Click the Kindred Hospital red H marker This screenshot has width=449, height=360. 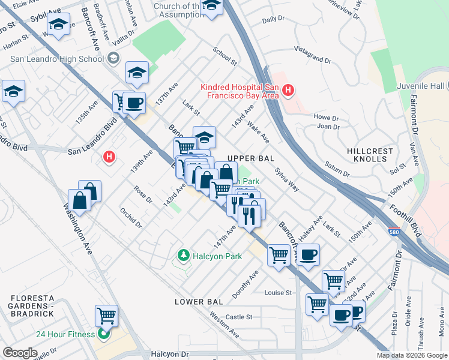point(288,91)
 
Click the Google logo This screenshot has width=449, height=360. point(19,353)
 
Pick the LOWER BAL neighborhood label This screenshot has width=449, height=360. point(199,301)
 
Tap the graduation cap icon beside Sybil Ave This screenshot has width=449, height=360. point(58,25)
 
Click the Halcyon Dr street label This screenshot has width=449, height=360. point(170,355)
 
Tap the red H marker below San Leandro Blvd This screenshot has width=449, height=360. point(109,157)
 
